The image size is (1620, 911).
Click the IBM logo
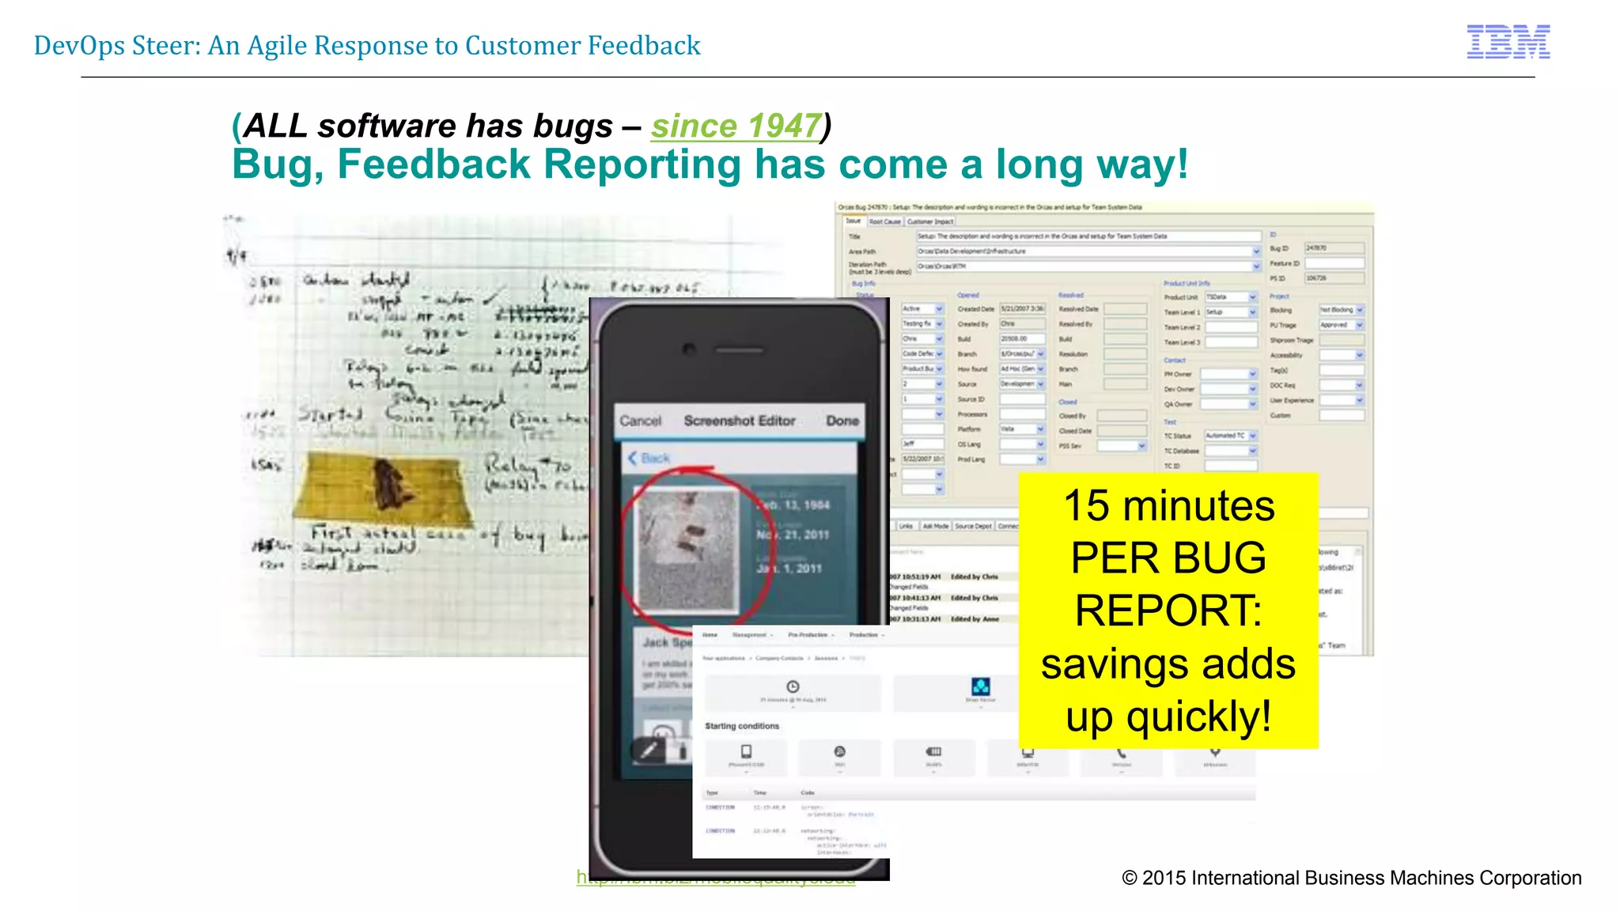point(1508,42)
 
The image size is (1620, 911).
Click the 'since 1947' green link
point(736,127)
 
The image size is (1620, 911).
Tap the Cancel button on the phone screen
point(640,421)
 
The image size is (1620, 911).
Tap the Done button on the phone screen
point(842,421)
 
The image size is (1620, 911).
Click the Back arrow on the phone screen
point(633,458)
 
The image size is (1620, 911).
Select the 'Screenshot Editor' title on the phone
point(740,421)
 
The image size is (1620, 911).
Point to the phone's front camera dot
point(689,349)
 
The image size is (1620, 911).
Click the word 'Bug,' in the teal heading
point(278,164)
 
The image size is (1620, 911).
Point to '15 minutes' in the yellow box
point(1168,506)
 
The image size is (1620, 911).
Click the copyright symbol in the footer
point(1129,878)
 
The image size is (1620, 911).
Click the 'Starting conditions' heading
point(742,726)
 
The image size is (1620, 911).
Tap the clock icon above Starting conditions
point(793,686)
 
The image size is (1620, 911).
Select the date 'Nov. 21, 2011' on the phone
point(792,535)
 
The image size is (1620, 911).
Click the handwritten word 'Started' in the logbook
point(330,414)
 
